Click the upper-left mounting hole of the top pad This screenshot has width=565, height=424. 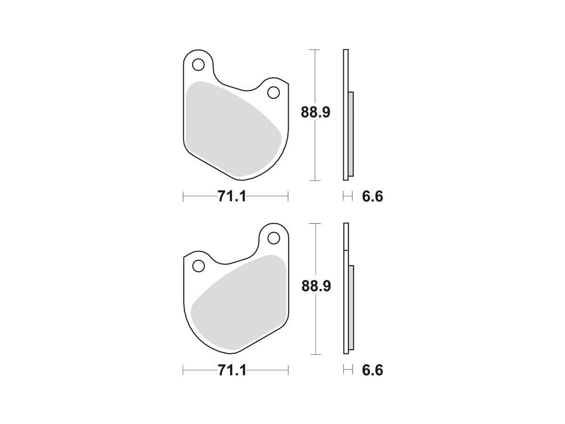[199, 64]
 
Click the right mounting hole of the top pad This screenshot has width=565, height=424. [274, 92]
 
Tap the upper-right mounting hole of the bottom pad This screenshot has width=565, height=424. [274, 238]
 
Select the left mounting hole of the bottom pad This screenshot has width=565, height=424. [199, 266]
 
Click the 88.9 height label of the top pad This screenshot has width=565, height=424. [316, 113]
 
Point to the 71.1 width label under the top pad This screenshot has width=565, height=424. [232, 196]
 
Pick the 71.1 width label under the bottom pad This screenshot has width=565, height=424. [232, 370]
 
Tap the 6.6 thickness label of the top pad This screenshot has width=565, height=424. [372, 196]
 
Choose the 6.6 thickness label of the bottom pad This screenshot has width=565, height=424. [372, 370]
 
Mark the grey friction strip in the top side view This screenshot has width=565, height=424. [351, 134]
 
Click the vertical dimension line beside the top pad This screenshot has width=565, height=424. [314, 155]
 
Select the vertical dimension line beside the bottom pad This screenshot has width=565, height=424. [314, 330]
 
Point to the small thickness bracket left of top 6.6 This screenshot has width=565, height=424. [347, 196]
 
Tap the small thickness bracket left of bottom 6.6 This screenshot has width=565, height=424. [347, 370]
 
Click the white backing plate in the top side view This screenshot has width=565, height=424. [346, 71]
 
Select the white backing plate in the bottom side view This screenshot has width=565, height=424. [346, 236]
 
